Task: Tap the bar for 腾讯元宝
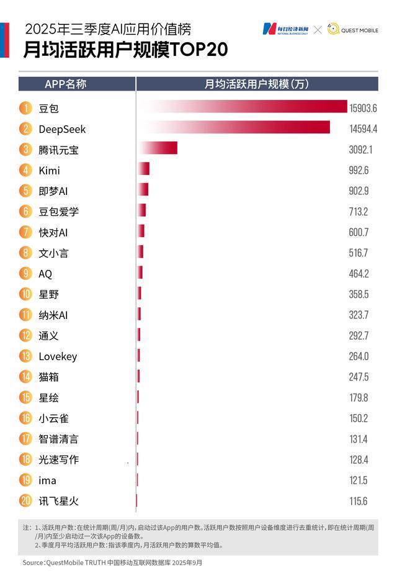click(158, 149)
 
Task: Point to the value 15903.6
click(363, 108)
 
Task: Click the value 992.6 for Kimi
click(359, 170)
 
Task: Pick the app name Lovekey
click(58, 356)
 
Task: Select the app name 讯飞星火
click(58, 500)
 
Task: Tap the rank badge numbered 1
click(25, 108)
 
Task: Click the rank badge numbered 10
click(25, 294)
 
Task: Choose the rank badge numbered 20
click(25, 500)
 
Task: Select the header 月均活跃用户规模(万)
click(257, 84)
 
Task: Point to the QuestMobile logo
click(352, 29)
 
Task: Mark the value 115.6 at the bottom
click(358, 500)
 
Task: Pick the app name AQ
click(45, 274)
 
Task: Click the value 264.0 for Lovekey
click(359, 356)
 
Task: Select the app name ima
click(47, 480)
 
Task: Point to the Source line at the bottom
click(112, 562)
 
